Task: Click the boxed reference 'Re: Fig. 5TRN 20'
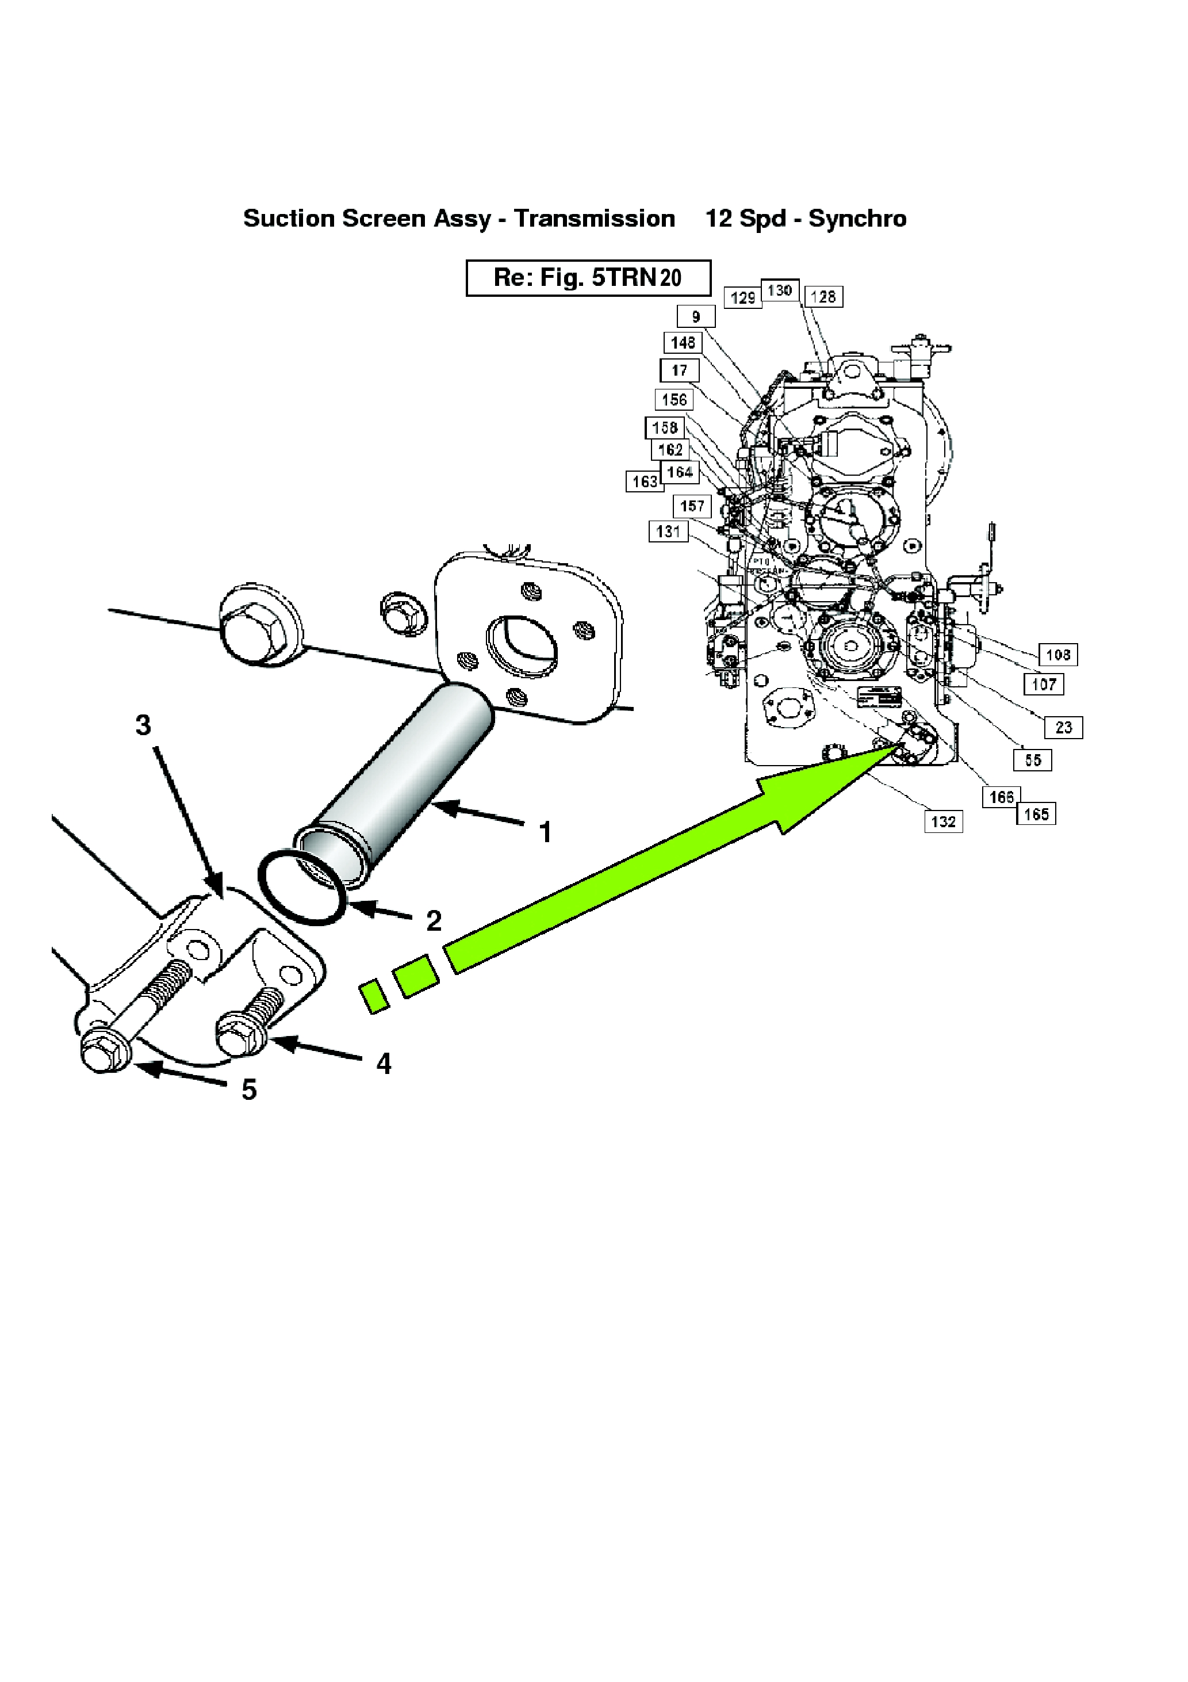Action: coord(588,278)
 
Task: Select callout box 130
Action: coord(780,290)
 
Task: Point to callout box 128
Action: coord(823,297)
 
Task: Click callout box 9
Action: coord(696,316)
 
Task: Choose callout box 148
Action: coord(683,342)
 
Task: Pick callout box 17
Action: coord(680,370)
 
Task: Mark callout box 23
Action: coord(1063,728)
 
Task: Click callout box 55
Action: coord(1033,760)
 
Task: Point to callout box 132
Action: coord(944,821)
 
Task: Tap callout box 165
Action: coord(1036,814)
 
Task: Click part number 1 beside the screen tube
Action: coord(545,832)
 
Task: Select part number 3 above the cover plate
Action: coord(144,725)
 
